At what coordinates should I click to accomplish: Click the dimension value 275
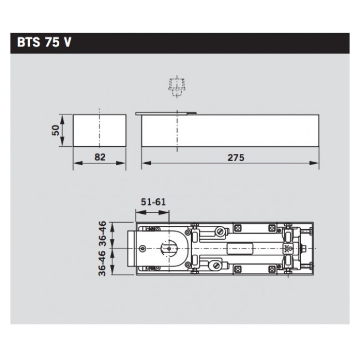pyautogui.click(x=236, y=157)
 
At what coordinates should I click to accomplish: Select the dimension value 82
pyautogui.click(x=100, y=157)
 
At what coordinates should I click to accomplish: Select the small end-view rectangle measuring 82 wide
pyautogui.click(x=100, y=131)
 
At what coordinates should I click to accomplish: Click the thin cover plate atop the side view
pyautogui.click(x=166, y=114)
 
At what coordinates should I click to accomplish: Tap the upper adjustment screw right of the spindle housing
pyautogui.click(x=220, y=231)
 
